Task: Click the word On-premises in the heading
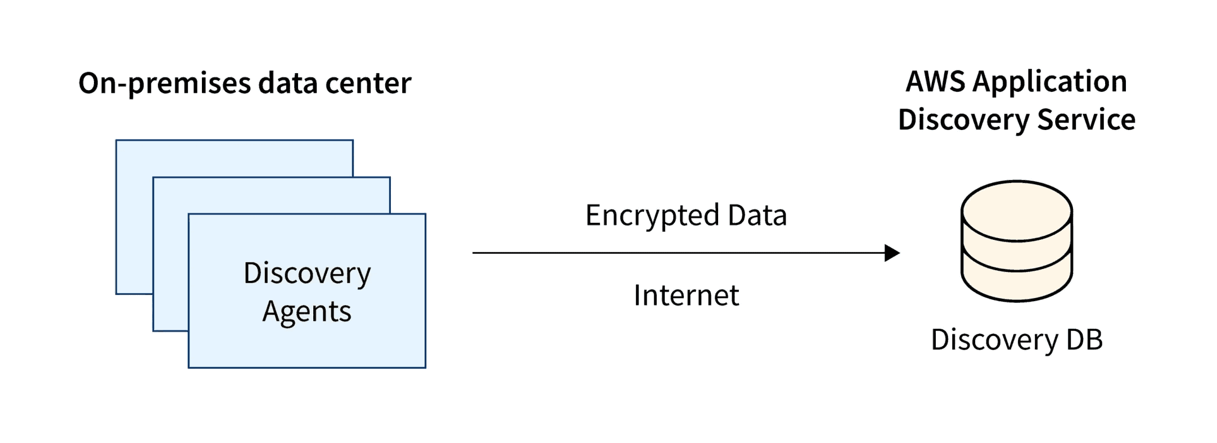pyautogui.click(x=164, y=84)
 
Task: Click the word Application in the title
pyautogui.click(x=1050, y=83)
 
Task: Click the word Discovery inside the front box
pyautogui.click(x=307, y=274)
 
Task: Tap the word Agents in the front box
pyautogui.click(x=306, y=312)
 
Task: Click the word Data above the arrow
pyautogui.click(x=757, y=215)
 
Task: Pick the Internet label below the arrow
pyautogui.click(x=686, y=296)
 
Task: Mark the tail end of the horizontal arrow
pyautogui.click(x=476, y=253)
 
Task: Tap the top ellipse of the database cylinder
pyautogui.click(x=1016, y=209)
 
